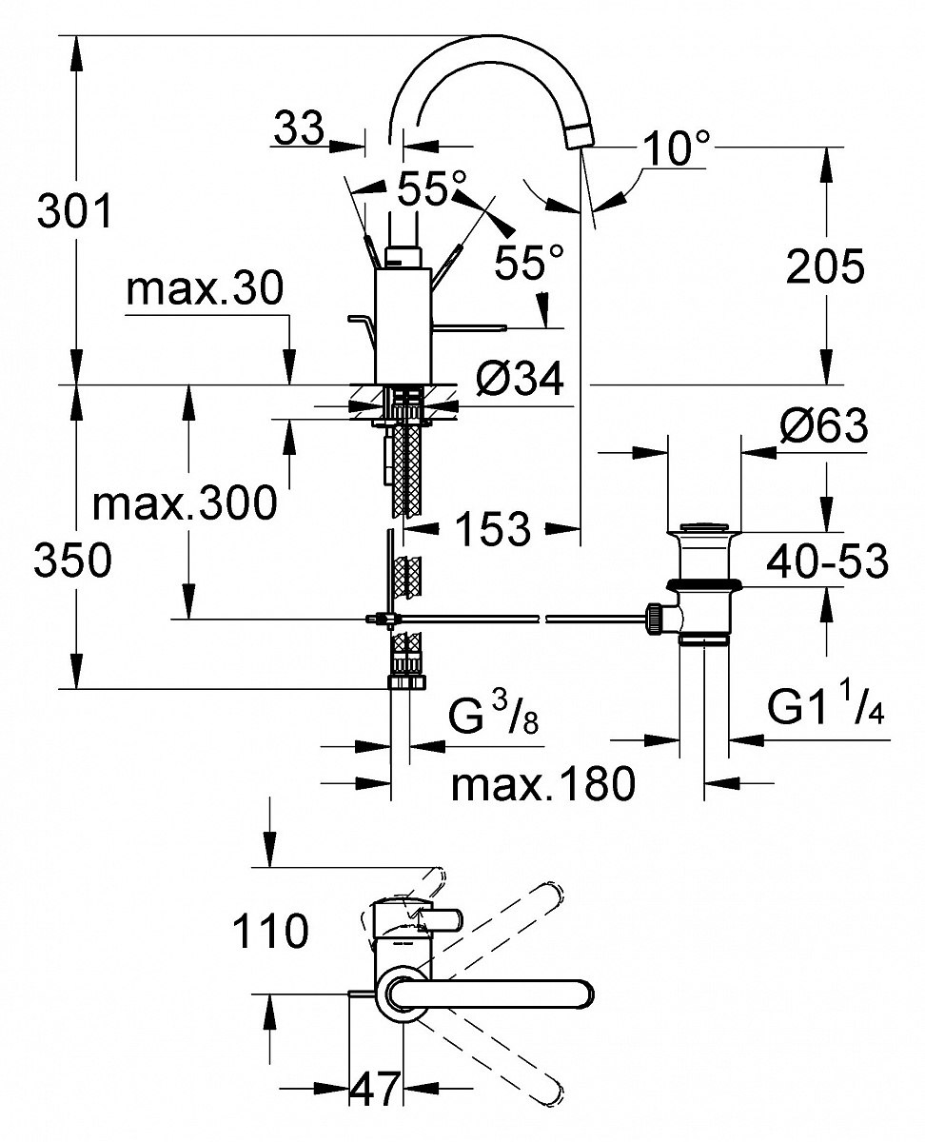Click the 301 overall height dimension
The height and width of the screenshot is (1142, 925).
pos(74,210)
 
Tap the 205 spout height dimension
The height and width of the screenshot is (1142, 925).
pos(825,266)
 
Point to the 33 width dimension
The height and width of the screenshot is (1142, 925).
pos(299,128)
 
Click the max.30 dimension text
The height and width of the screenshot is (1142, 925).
pos(205,289)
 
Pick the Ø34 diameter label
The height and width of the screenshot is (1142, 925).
pos(520,379)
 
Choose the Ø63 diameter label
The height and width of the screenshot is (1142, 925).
pos(824,425)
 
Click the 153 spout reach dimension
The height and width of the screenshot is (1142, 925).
pos(493,528)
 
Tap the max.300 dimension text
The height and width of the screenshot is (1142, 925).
pos(185,503)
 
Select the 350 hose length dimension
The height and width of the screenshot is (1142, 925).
pos(73,560)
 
